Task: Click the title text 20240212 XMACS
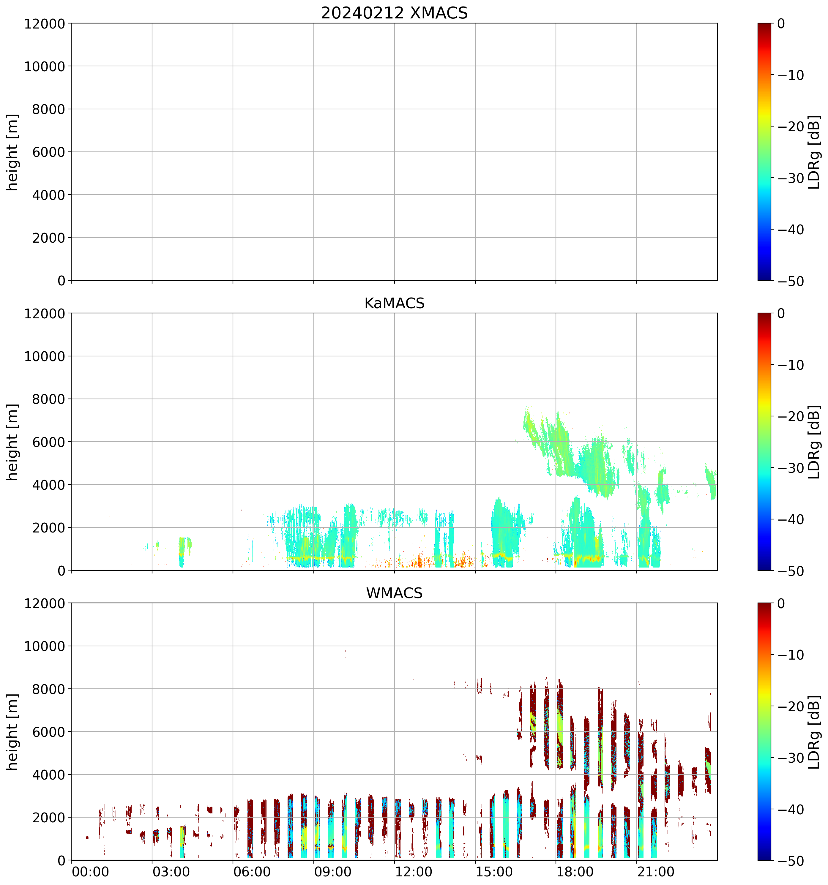click(394, 13)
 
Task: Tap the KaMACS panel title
click(394, 303)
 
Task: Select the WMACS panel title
click(394, 593)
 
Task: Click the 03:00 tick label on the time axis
click(171, 872)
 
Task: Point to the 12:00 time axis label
click(414, 872)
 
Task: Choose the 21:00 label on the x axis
click(656, 872)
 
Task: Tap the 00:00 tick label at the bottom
click(90, 872)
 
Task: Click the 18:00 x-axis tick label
click(575, 872)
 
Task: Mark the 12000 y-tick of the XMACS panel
click(45, 23)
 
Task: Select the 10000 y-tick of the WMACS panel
click(45, 647)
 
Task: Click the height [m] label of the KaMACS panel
click(12, 442)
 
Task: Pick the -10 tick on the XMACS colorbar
click(791, 75)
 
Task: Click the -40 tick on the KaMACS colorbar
click(791, 519)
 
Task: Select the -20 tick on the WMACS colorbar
click(791, 707)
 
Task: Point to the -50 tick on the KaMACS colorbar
click(791, 571)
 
